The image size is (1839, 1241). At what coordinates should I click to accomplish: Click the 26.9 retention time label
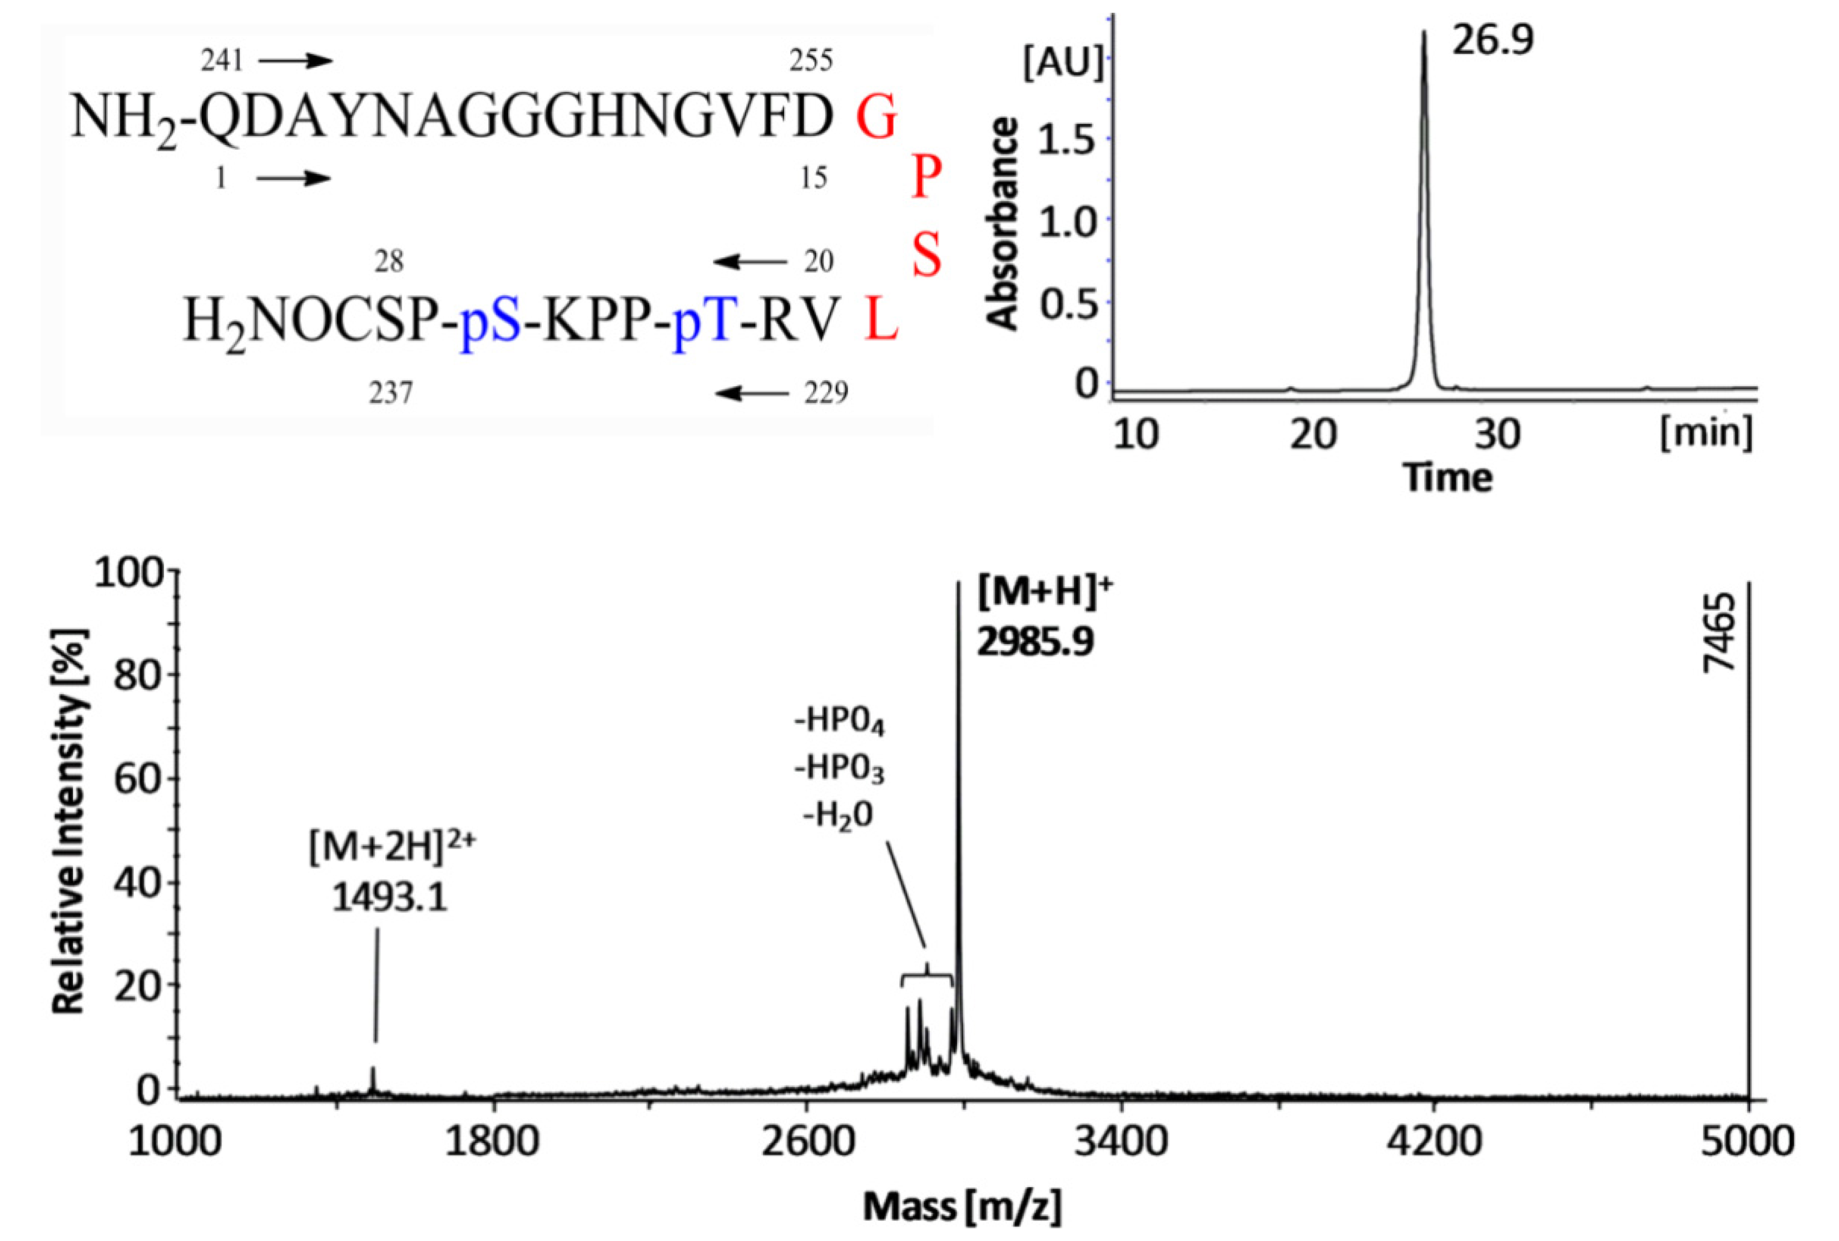pyautogui.click(x=1493, y=39)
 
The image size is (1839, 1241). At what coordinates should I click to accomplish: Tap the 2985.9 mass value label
pyautogui.click(x=1034, y=641)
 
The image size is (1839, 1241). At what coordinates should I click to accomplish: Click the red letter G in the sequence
pyautogui.click(x=877, y=118)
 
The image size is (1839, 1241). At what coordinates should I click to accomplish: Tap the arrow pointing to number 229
pyautogui.click(x=752, y=392)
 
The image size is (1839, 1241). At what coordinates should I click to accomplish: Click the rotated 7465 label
pyautogui.click(x=1718, y=633)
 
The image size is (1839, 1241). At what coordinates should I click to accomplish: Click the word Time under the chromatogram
pyautogui.click(x=1448, y=478)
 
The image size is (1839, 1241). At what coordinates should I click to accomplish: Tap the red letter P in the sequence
pyautogui.click(x=926, y=177)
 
